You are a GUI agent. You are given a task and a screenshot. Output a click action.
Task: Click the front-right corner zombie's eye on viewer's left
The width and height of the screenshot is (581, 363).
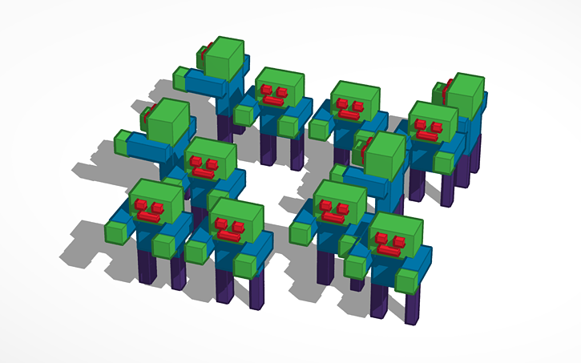(379, 238)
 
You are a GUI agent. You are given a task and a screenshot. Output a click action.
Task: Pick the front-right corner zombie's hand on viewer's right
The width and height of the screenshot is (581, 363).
(407, 280)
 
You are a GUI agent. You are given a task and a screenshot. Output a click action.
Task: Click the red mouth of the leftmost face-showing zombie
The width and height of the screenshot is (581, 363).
(147, 216)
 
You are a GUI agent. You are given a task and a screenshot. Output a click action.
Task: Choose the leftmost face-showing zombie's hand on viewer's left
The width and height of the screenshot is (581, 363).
(116, 232)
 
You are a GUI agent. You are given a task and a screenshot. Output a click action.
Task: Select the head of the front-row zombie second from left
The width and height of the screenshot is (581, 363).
(237, 220)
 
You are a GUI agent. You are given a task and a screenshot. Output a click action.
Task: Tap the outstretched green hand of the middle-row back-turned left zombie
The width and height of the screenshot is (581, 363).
(123, 143)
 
